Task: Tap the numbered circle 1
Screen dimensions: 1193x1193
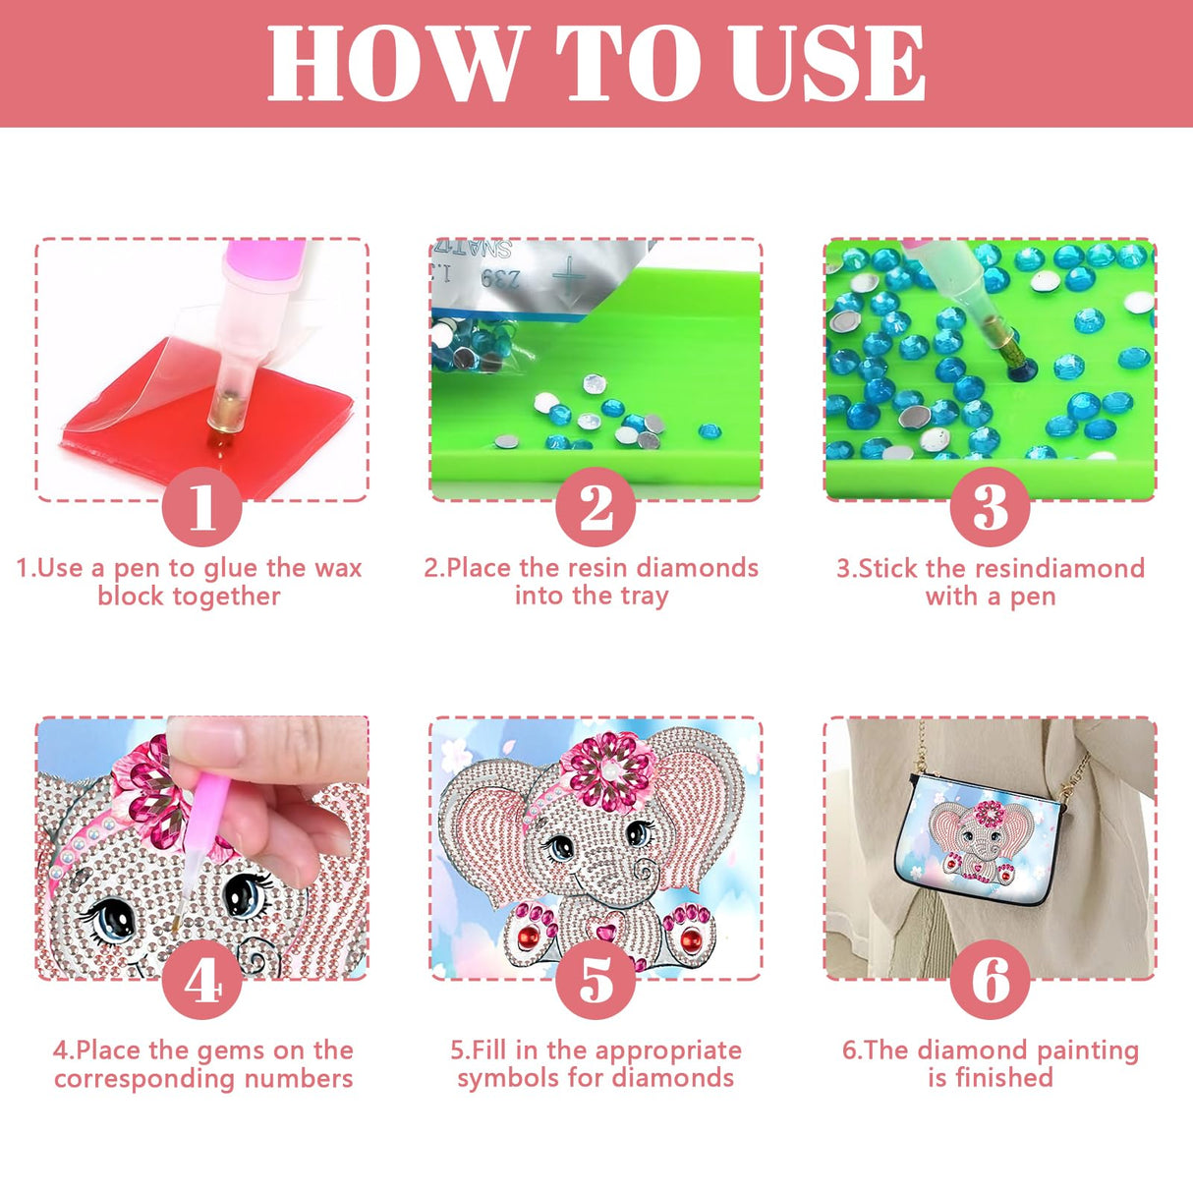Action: [201, 507]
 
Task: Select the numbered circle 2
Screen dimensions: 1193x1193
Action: [596, 507]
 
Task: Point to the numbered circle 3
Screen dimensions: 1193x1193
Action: [990, 507]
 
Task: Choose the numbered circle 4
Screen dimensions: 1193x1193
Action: [201, 980]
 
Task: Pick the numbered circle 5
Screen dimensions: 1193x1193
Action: [596, 980]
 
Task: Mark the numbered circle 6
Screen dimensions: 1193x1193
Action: [990, 980]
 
